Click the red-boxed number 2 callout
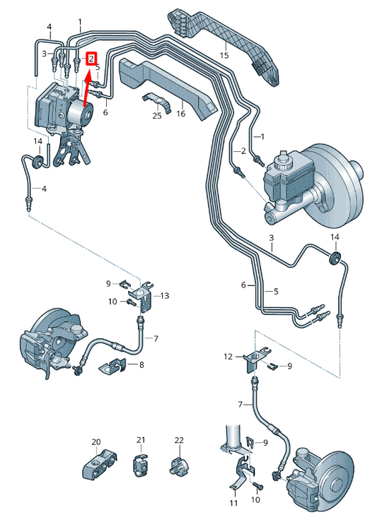click(x=91, y=58)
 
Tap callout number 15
click(x=224, y=54)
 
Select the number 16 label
click(x=180, y=113)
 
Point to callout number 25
click(x=157, y=114)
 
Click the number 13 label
click(x=165, y=295)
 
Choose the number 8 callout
click(x=141, y=364)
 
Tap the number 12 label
click(x=228, y=357)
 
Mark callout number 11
click(x=233, y=504)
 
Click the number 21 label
click(x=140, y=440)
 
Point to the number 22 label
click(x=179, y=440)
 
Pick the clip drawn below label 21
click(x=140, y=466)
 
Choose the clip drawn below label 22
click(x=178, y=466)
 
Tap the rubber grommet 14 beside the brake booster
click(x=336, y=256)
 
